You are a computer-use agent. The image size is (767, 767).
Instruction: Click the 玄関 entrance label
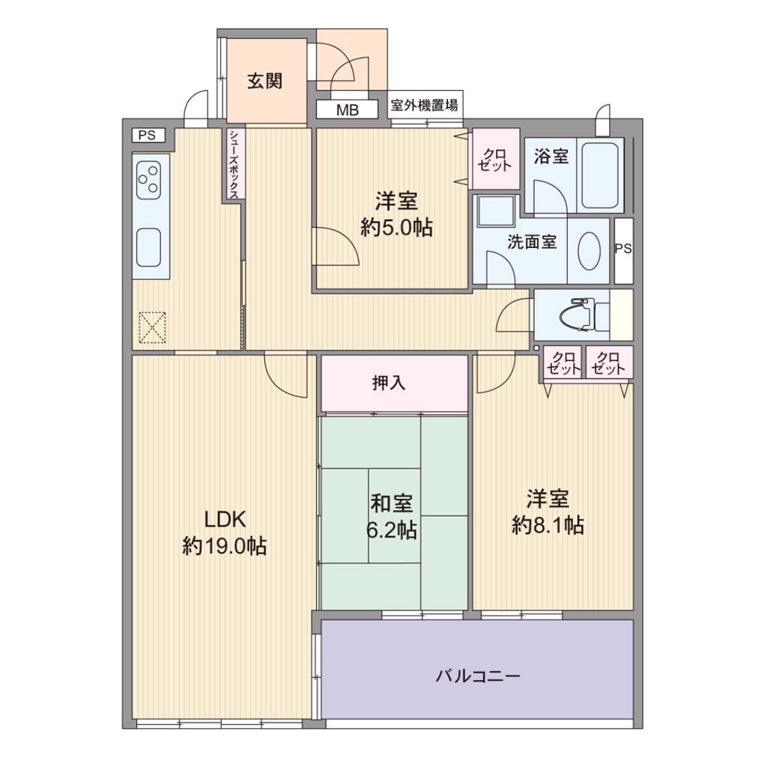pyautogui.click(x=265, y=81)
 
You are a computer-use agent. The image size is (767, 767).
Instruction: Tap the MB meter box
pyautogui.click(x=348, y=109)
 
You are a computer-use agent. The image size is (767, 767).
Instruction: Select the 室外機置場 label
pyautogui.click(x=425, y=105)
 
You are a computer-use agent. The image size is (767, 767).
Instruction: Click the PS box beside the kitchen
pyautogui.click(x=148, y=135)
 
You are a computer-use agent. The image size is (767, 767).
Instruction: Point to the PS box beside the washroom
pyautogui.click(x=623, y=250)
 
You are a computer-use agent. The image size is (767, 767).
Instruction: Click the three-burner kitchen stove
pyautogui.click(x=149, y=181)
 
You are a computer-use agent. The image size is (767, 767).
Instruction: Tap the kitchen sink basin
pyautogui.click(x=149, y=247)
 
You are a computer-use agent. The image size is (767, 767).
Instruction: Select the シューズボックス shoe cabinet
pyautogui.click(x=234, y=163)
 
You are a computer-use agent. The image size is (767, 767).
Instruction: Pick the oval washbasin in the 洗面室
pyautogui.click(x=589, y=250)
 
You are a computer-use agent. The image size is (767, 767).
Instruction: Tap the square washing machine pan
pyautogui.click(x=497, y=210)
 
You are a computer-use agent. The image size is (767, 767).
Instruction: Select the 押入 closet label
pyautogui.click(x=389, y=383)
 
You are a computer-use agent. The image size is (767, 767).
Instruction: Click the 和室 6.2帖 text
pyautogui.click(x=392, y=517)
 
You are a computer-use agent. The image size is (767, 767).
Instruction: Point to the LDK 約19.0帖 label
pyautogui.click(x=225, y=533)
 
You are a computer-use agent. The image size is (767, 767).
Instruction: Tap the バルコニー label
pyautogui.click(x=478, y=676)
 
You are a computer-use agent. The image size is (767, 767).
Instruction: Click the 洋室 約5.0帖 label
pyautogui.click(x=396, y=214)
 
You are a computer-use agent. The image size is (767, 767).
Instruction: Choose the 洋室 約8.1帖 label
pyautogui.click(x=548, y=512)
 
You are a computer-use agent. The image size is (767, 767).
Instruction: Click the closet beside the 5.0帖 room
pyautogui.click(x=495, y=159)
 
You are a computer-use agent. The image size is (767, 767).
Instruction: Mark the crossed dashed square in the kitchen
pyautogui.click(x=153, y=327)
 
